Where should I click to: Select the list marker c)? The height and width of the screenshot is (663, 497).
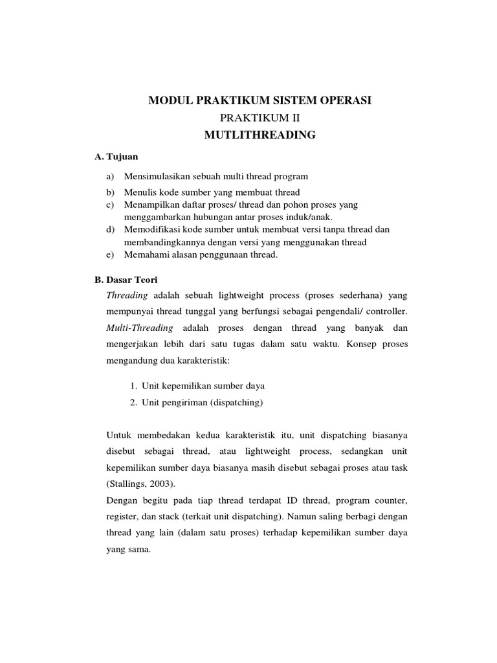pos(110,205)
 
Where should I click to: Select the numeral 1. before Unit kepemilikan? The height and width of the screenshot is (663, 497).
pos(133,385)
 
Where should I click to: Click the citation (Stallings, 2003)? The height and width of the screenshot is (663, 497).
pos(140,484)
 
